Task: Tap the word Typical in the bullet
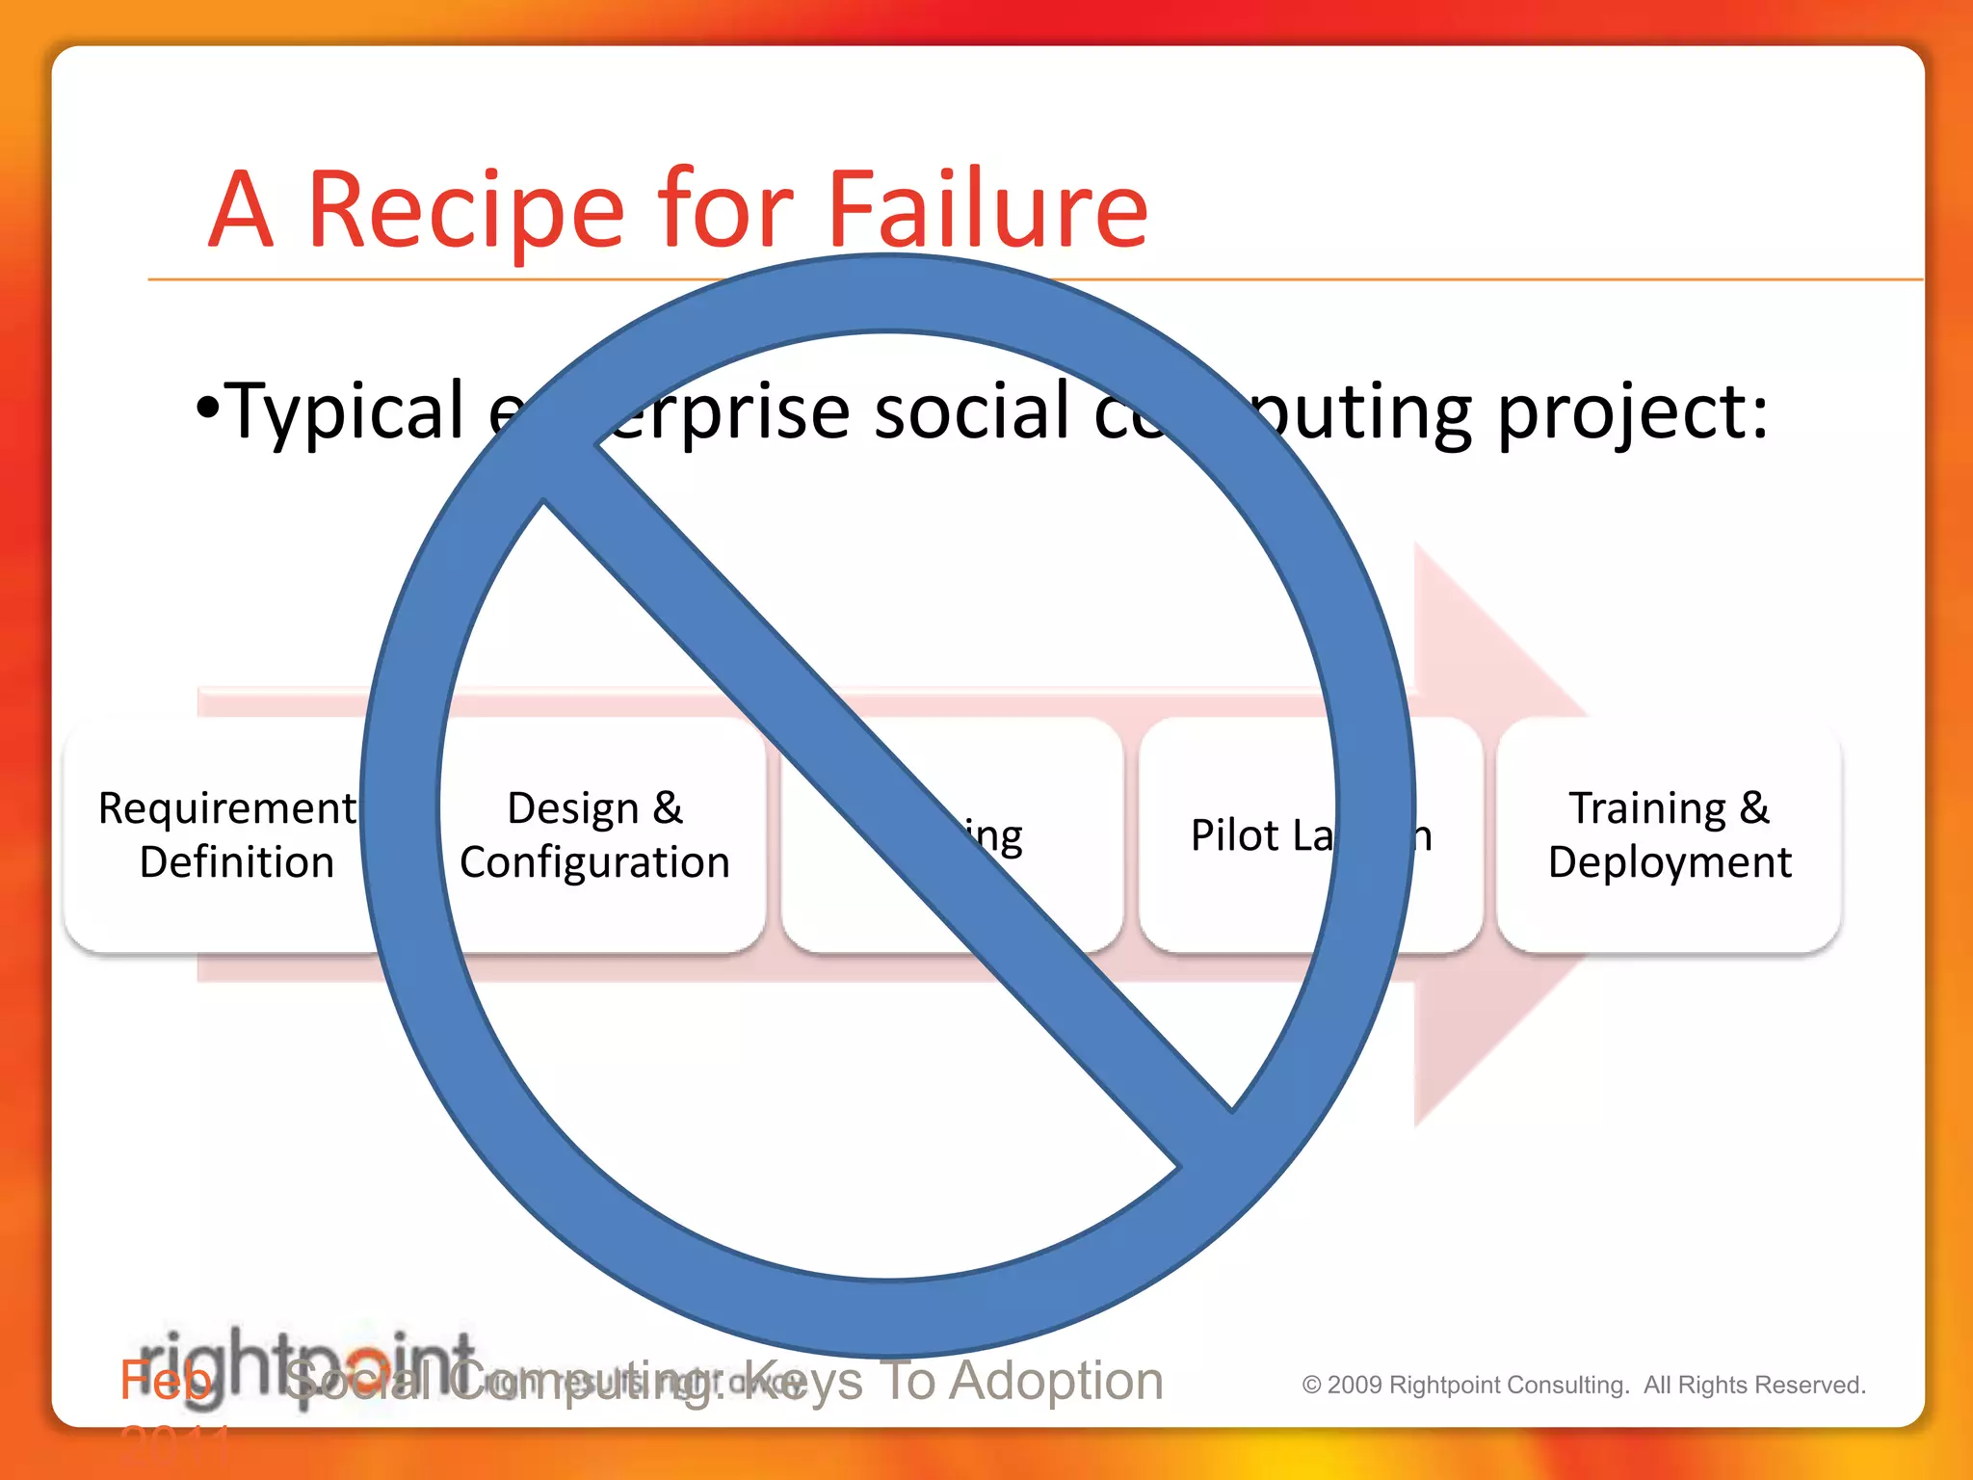click(347, 411)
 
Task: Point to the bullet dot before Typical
click(206, 409)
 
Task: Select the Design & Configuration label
click(594, 834)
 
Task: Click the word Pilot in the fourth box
click(1234, 835)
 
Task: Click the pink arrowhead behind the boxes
click(1503, 655)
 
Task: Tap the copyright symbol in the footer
click(1311, 1386)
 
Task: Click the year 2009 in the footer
click(1355, 1386)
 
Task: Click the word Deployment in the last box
click(1670, 862)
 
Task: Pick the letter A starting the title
click(241, 210)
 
